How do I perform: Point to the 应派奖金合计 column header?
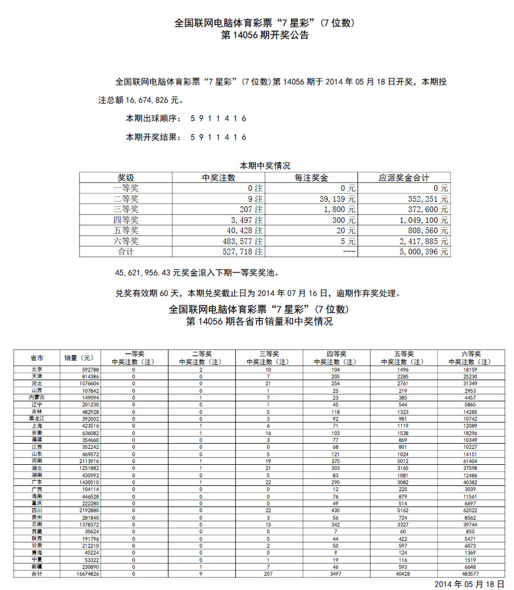(x=404, y=178)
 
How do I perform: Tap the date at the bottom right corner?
(x=469, y=584)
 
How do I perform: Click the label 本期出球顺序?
(x=152, y=119)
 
